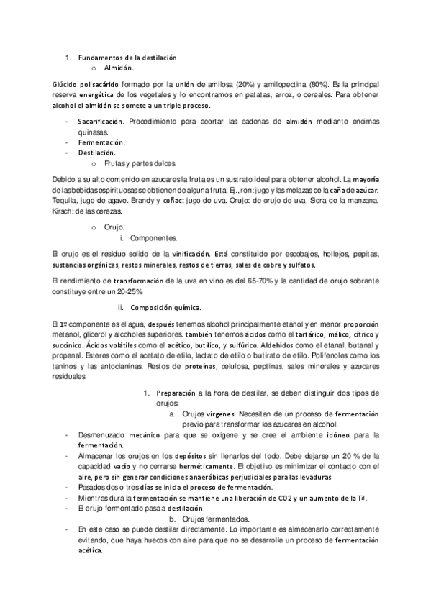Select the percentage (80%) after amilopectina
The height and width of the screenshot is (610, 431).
click(297, 84)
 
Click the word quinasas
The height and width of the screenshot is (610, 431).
click(93, 132)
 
